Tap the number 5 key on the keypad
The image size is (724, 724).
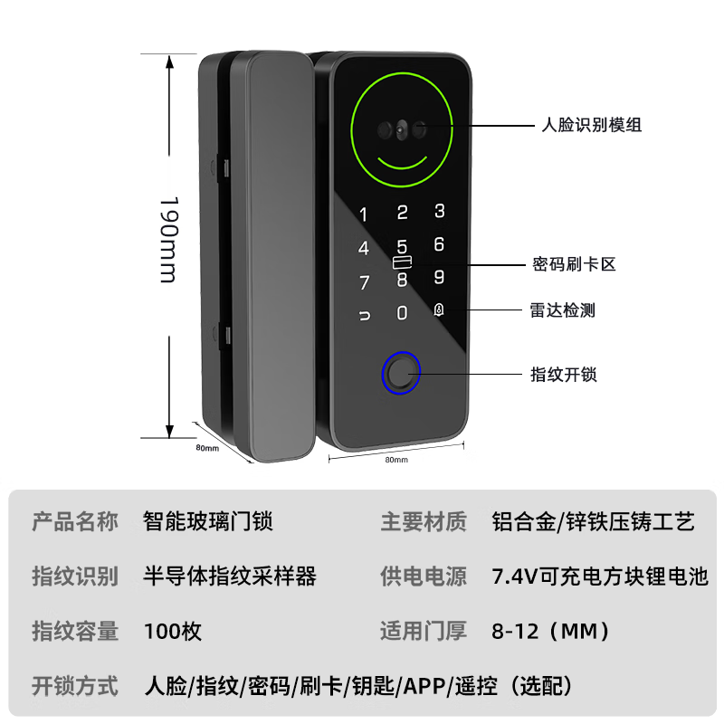point(403,246)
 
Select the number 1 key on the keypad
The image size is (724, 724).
point(365,215)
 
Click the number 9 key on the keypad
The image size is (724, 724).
point(439,277)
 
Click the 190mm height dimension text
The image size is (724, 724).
point(168,239)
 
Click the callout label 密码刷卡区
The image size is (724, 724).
point(574,264)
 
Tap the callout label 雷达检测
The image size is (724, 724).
point(563,310)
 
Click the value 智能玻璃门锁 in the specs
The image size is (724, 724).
point(208,522)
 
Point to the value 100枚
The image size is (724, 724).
point(173,631)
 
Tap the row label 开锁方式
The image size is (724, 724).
point(75,685)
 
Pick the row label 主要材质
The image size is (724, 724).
point(424,522)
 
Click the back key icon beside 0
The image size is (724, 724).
point(364,316)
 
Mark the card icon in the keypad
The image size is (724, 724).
point(403,263)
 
